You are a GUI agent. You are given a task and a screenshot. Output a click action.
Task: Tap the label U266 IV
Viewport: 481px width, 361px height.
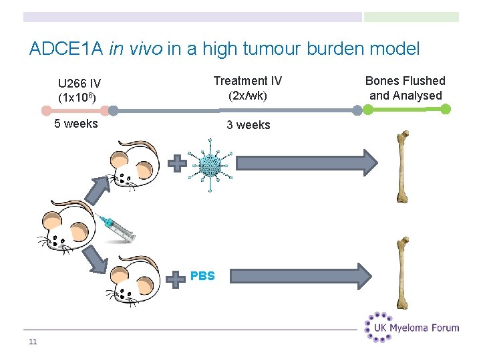pos(79,84)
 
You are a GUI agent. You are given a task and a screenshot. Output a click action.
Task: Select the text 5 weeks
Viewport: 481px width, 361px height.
pos(75,124)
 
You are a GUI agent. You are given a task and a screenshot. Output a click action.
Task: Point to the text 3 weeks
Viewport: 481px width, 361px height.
pos(248,125)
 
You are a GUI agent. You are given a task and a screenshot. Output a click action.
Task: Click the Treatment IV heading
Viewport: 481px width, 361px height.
pos(247,81)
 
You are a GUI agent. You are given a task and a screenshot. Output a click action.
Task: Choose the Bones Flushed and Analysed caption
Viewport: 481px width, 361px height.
pos(406,88)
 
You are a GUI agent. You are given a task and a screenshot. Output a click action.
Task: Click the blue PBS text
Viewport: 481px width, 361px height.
pos(202,275)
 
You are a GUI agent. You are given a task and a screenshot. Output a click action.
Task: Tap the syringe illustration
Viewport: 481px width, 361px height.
pos(116,227)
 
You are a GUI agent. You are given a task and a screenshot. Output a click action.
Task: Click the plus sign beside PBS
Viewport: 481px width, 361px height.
pos(176,278)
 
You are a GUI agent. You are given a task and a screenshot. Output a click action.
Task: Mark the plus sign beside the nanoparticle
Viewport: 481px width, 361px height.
pos(176,163)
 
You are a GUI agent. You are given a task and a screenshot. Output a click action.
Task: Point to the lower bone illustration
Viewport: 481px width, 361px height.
pos(403,273)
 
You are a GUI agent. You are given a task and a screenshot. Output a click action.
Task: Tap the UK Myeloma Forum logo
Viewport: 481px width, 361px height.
pos(412,327)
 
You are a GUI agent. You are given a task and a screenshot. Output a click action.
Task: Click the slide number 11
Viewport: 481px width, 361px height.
pos(33,343)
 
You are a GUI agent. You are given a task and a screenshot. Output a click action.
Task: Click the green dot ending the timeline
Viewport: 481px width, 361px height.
pos(446,110)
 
